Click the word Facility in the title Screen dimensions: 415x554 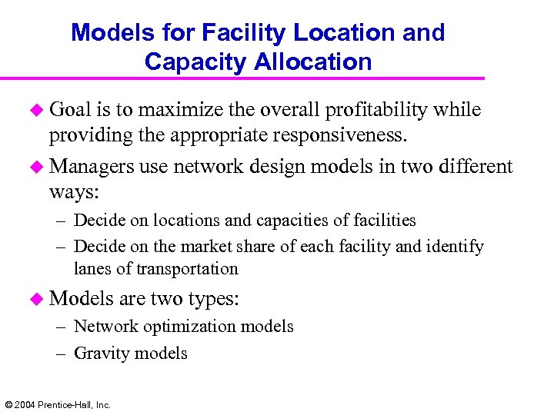[x=235, y=33]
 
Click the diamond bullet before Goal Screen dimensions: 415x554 [x=37, y=111]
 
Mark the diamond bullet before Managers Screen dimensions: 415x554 [x=37, y=167]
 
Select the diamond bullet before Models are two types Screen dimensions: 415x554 [x=37, y=299]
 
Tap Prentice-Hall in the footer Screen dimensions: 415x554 [x=64, y=404]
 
